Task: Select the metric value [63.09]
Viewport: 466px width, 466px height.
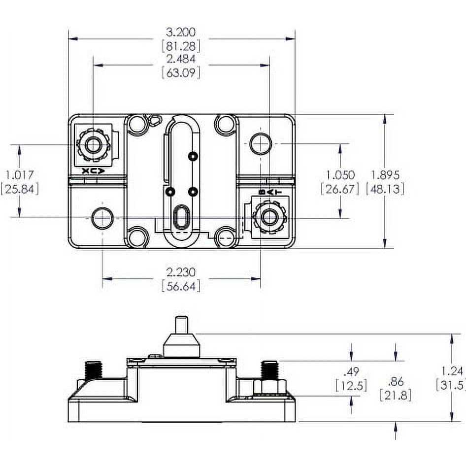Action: (x=181, y=73)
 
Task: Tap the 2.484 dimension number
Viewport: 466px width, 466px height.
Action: (x=181, y=59)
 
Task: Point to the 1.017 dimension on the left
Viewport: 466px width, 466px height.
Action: (x=19, y=174)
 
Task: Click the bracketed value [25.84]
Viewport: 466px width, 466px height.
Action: (x=19, y=189)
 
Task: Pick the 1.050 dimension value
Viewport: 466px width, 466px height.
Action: (x=340, y=174)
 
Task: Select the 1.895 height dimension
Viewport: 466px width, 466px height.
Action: (x=385, y=174)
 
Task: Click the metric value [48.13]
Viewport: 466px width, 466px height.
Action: (x=385, y=189)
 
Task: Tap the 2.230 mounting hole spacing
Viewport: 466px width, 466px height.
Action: (x=181, y=272)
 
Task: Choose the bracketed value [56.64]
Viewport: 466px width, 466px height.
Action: (x=181, y=286)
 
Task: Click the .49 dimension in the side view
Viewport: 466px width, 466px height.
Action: (x=351, y=371)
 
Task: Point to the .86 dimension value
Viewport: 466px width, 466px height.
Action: (x=395, y=381)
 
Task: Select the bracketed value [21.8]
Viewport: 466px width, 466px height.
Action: (x=395, y=395)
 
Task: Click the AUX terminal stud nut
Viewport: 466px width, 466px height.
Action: (x=92, y=145)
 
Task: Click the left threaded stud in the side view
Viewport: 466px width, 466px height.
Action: (x=92, y=370)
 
